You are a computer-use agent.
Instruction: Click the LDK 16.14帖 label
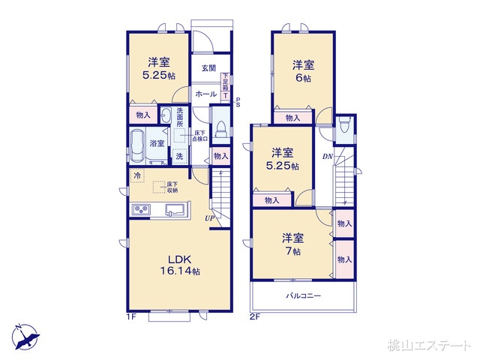[x=178, y=265]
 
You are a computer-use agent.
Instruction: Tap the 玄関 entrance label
[x=208, y=68]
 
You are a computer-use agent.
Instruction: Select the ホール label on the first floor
[x=205, y=94]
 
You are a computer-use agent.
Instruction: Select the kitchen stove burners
[x=142, y=208]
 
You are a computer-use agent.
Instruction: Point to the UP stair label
[x=212, y=218]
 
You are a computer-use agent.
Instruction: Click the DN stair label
[x=327, y=157]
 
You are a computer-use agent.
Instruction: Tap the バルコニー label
[x=303, y=296]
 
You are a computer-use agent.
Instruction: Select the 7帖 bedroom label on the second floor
[x=293, y=244]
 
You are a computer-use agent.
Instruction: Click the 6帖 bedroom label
[x=304, y=71]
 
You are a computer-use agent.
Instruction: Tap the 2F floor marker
[x=256, y=317]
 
